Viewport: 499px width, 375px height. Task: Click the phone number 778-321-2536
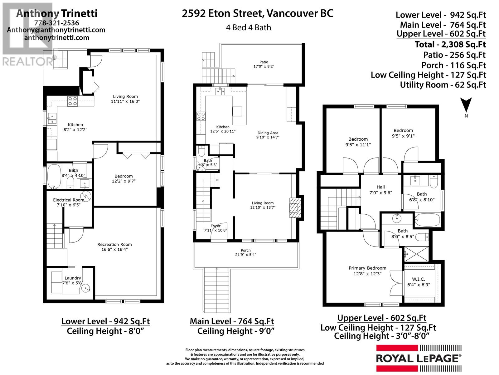coord(56,23)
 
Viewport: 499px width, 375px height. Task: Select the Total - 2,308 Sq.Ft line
coord(450,44)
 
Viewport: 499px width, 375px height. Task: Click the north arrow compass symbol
coord(466,105)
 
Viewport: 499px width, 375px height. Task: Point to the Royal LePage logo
coord(419,358)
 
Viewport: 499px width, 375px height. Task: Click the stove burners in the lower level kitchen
coord(73,101)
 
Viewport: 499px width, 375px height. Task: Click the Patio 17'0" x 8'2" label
coord(264,64)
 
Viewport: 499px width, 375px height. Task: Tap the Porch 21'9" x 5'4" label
coord(246,252)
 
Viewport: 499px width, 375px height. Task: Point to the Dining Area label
coord(268,135)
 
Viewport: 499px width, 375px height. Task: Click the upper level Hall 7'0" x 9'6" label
coord(380,190)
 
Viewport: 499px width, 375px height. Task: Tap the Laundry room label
coord(73,280)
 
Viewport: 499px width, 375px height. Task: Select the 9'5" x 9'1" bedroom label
coord(403,133)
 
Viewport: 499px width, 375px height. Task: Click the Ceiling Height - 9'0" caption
coord(236,331)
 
